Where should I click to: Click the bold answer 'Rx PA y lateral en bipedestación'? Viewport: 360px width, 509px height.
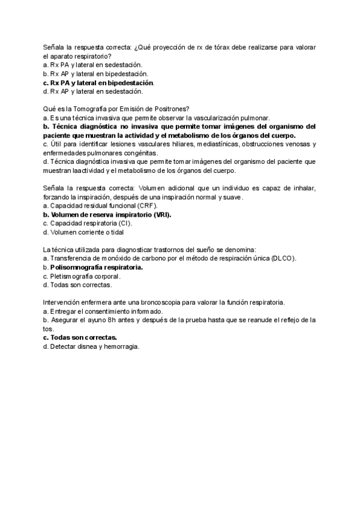[x=102, y=82]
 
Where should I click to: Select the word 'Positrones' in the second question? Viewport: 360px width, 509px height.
[x=171, y=109]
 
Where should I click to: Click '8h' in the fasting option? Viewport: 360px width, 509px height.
[x=128, y=321]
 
